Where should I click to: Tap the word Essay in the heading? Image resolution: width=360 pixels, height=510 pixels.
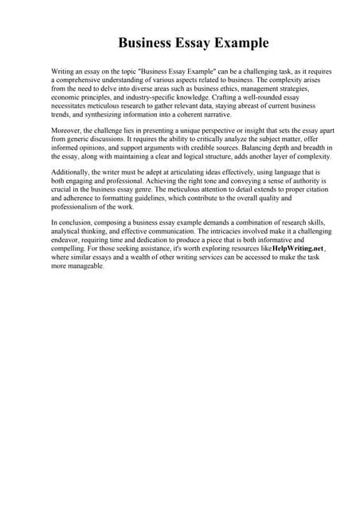[190, 43]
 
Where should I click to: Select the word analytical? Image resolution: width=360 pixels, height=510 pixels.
[68, 231]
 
